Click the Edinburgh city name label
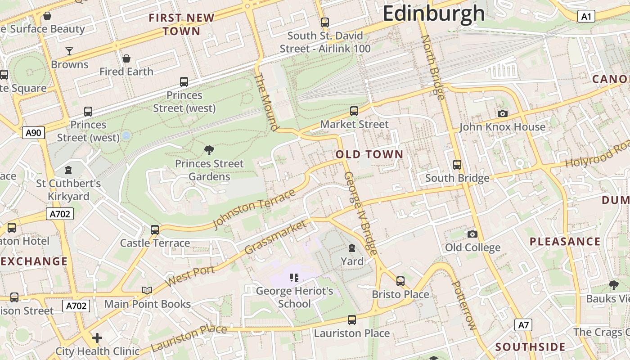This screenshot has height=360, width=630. [x=433, y=13]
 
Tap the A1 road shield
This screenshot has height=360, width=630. [x=586, y=17]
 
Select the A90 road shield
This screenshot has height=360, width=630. [x=34, y=133]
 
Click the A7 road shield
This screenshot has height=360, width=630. [x=523, y=325]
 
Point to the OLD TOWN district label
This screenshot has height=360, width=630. [x=369, y=154]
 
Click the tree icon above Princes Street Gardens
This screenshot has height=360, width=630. [x=209, y=150]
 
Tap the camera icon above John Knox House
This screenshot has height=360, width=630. [x=503, y=113]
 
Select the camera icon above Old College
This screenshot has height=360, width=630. [x=472, y=234]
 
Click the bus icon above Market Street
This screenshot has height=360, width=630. [x=354, y=111]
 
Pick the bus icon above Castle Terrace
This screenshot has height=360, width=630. [x=155, y=229]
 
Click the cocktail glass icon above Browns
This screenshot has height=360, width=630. [x=69, y=51]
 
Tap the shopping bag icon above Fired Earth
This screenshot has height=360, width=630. [x=126, y=58]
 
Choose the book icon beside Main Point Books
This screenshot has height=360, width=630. [x=147, y=290]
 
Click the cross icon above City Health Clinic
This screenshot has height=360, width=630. [x=97, y=337]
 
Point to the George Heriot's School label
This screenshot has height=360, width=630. [x=295, y=297]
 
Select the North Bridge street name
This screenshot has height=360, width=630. [x=432, y=67]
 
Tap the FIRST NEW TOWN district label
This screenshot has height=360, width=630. [x=182, y=24]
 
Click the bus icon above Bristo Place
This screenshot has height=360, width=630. [x=400, y=281]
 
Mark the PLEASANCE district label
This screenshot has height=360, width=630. [x=565, y=241]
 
